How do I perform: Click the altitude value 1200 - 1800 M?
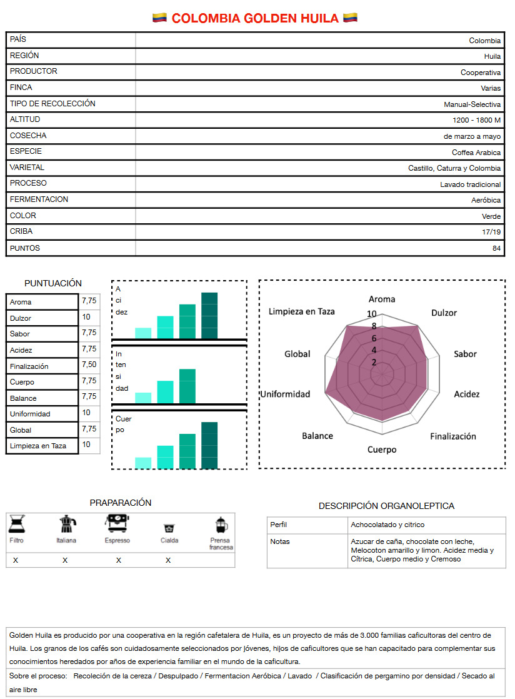(476, 120)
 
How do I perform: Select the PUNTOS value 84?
(496, 248)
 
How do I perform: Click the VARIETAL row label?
(27, 168)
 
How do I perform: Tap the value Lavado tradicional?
(470, 184)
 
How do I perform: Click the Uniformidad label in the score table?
(30, 414)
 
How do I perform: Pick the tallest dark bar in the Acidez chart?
(209, 315)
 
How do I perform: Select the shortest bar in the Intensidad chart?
(143, 397)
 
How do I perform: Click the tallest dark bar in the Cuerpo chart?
(209, 445)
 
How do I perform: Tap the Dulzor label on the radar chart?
(444, 313)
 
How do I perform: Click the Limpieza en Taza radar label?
(302, 311)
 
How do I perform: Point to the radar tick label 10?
(372, 314)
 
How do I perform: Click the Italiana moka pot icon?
(66, 525)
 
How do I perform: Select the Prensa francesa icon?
(221, 525)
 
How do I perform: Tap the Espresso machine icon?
(117, 523)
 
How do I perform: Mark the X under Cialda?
(168, 560)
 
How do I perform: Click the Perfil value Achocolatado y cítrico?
(387, 525)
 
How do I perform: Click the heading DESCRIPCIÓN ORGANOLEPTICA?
(386, 506)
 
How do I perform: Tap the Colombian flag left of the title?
(159, 18)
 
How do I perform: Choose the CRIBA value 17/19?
(492, 232)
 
